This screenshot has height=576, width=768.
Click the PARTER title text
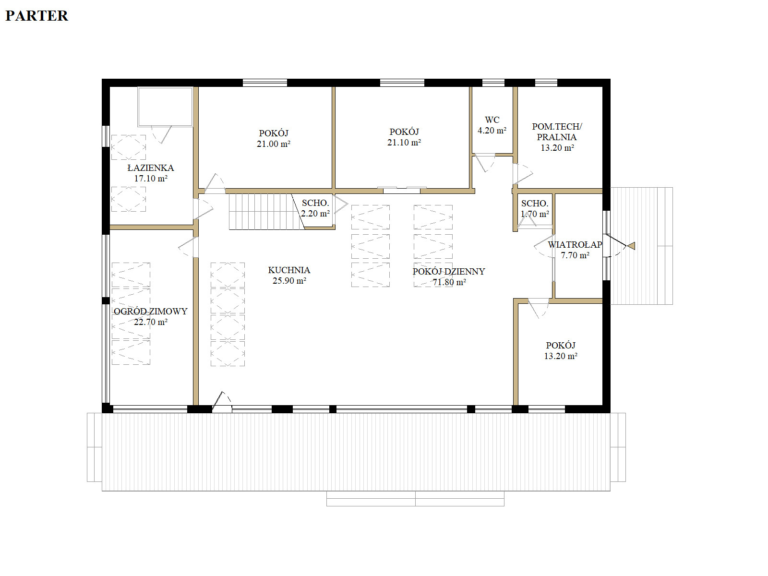tap(37, 16)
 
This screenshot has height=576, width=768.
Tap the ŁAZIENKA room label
tap(150, 168)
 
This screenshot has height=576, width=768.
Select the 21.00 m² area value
tap(274, 144)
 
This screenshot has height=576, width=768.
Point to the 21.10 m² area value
tap(404, 143)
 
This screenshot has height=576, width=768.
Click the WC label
tap(492, 120)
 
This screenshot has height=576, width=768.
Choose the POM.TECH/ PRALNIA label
tap(557, 132)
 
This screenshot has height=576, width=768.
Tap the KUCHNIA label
tap(289, 270)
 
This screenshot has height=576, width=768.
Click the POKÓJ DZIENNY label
tap(448, 271)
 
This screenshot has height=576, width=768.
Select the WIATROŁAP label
tap(575, 244)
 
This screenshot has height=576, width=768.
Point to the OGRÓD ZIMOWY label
tap(150, 311)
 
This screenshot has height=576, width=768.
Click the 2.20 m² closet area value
tap(315, 213)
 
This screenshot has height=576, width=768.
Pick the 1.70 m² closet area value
tap(535, 214)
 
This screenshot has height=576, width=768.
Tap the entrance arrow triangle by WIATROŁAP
tap(631, 246)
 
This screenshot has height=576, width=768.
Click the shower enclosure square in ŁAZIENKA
tap(165, 107)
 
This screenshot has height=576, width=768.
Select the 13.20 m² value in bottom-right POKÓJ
tap(561, 356)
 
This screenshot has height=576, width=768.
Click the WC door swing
tap(485, 163)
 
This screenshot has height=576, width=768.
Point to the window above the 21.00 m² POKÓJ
tap(265, 83)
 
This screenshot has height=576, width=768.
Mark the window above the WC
tap(493, 83)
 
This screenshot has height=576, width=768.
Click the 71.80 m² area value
tap(449, 282)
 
